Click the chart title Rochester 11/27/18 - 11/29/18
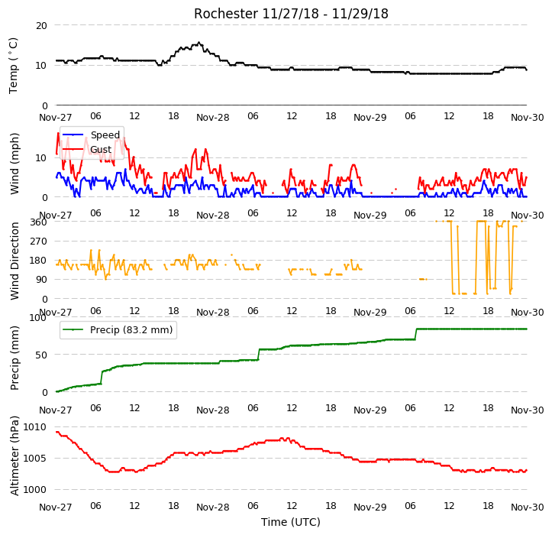(291, 14)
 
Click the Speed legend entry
(91, 135)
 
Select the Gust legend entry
(87, 150)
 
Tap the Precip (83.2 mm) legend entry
(118, 330)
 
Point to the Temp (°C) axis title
(13, 66)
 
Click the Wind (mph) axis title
(15, 164)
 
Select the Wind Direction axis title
(15, 261)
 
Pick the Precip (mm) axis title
(15, 358)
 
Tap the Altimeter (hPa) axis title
(15, 456)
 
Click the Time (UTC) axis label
(291, 522)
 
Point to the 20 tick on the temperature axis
(41, 26)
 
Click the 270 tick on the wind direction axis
(39, 242)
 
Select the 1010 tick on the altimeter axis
(35, 427)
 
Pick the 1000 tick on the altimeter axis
(35, 490)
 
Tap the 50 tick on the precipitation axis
(41, 355)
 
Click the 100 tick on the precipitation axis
(38, 317)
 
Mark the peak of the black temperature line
(199, 43)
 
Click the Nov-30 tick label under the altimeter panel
(528, 507)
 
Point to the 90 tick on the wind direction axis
(41, 280)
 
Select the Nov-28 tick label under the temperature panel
(213, 118)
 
